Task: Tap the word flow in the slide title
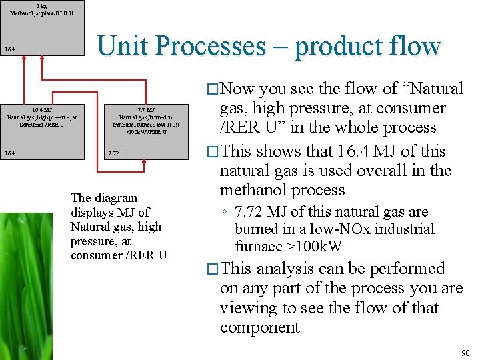pyautogui.click(x=413, y=46)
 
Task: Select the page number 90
pyautogui.click(x=465, y=352)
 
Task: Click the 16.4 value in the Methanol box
pyautogui.click(x=9, y=49)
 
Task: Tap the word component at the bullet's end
pyautogui.click(x=260, y=327)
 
